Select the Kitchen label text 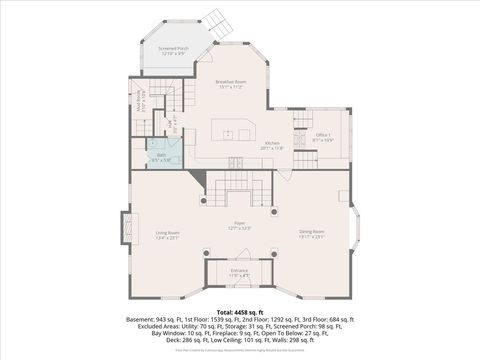(272, 147)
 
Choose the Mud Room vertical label (142, 100)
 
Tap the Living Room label (166, 236)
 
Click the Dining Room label (312, 236)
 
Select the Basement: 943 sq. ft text (153, 320)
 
